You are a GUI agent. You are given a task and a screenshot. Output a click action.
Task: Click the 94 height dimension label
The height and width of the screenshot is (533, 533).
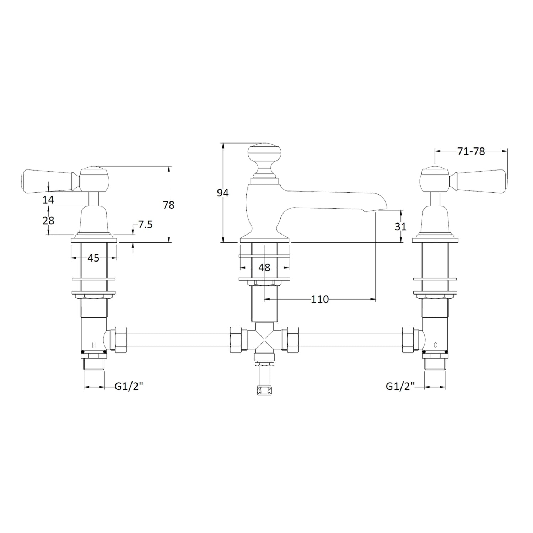pos(223,193)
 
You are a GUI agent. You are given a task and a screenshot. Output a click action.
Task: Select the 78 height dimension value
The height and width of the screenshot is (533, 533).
pos(169,205)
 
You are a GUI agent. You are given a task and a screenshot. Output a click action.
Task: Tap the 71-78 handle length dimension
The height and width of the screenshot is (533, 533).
pos(471,151)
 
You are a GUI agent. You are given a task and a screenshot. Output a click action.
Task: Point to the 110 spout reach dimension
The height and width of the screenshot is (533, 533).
pos(320,300)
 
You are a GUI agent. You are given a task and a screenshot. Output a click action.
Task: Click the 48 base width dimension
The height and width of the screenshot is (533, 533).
pos(264,268)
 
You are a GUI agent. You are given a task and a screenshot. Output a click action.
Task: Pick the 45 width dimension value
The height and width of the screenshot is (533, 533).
pos(93,258)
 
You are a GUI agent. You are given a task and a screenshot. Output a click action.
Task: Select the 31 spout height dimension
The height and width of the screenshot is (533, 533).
pos(400,226)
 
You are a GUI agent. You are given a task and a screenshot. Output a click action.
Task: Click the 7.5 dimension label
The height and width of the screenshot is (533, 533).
pos(145,225)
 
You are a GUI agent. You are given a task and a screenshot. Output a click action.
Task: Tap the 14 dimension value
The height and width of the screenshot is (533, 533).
pos(48,200)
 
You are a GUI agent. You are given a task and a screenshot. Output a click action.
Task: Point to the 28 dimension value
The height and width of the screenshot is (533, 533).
pos(48,221)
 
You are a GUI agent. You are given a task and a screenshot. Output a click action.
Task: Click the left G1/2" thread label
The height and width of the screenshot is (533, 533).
pos(129,386)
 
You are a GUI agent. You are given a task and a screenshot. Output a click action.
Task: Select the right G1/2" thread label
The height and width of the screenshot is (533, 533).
pos(400,386)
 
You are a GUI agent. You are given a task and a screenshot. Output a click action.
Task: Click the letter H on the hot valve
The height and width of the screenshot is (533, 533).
pos(94,345)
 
